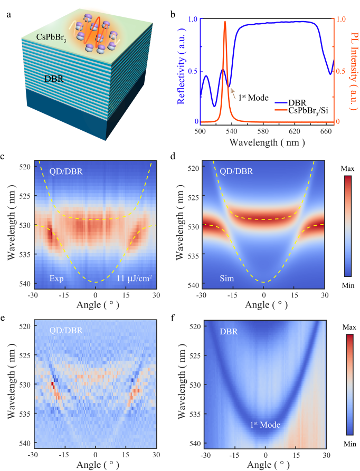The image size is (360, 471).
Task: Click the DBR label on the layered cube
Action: [55, 80]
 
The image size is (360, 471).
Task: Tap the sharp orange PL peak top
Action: [225, 22]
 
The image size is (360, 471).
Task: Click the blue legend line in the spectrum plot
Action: [281, 103]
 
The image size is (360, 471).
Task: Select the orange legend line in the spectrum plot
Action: [281, 110]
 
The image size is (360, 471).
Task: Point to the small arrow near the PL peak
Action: [232, 93]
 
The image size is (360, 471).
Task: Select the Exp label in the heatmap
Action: [56, 277]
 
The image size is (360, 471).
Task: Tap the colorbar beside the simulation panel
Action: [347, 226]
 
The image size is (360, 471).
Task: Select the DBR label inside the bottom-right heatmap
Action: [228, 332]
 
